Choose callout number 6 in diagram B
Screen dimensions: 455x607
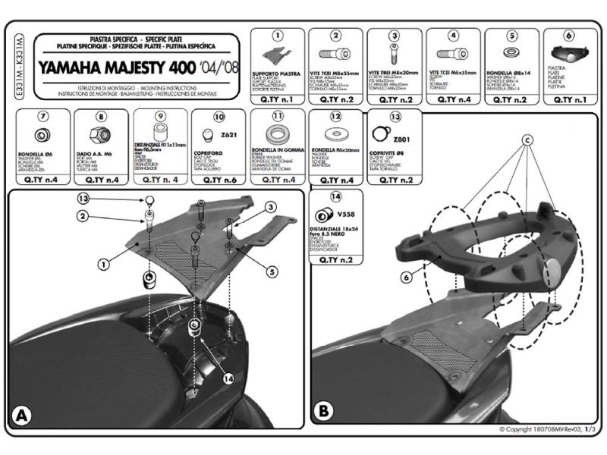[407, 278]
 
